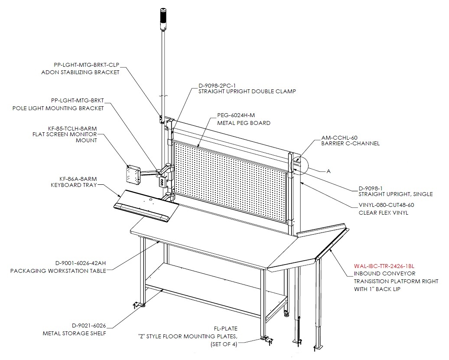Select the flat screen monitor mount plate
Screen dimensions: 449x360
coord(133,174)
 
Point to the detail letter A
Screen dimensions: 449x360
coord(329,171)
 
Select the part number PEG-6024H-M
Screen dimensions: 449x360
coord(236,115)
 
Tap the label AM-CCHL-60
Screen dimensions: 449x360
coord(339,138)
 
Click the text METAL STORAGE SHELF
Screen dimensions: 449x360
coord(75,334)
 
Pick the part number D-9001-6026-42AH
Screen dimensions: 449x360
coord(81,263)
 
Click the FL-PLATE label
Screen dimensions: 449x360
coord(226,328)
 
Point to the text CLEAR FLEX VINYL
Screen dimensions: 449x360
coord(384,213)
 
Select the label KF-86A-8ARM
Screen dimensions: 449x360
coord(78,179)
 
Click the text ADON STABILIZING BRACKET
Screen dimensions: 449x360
coord(81,72)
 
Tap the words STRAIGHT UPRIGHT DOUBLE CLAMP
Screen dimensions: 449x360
coord(247,92)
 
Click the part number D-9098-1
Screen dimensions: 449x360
coord(371,189)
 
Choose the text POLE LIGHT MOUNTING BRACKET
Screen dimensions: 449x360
coord(58,108)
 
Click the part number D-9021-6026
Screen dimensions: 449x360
coord(89,326)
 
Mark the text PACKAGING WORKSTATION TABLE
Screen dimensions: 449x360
coord(58,271)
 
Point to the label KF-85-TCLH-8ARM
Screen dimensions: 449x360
coord(72,129)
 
